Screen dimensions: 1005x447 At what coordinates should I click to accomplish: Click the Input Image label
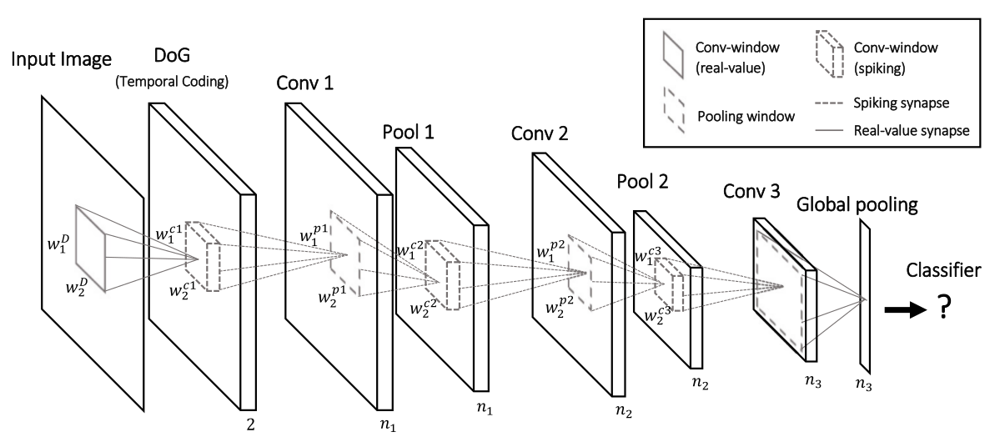coord(61,60)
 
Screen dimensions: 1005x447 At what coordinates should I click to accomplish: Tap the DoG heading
coord(172,55)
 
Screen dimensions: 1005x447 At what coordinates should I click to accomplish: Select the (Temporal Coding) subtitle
coord(172,82)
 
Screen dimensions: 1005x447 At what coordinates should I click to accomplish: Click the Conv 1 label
coord(304,83)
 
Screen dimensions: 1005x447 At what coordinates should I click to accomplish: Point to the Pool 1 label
coord(409,132)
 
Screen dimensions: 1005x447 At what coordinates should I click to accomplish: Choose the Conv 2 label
coord(540,133)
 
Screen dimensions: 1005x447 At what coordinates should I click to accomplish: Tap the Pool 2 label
coord(642,181)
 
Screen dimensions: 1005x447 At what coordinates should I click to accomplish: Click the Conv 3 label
coord(751,191)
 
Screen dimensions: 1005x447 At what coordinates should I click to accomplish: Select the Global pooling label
coord(857,205)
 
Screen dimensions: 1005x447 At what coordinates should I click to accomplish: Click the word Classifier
coord(943,270)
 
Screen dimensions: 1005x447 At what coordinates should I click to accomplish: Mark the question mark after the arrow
coord(944,307)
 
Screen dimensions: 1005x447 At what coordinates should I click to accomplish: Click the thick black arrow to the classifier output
coord(906,309)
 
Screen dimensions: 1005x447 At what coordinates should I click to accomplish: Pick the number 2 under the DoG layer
coord(251,424)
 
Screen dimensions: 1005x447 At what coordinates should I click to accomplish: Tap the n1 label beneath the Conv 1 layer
coord(388,424)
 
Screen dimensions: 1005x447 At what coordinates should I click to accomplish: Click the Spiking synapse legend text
coord(901,103)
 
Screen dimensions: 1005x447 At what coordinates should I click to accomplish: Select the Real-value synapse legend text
coord(912,131)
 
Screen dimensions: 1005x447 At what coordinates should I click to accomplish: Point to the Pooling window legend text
coord(746,117)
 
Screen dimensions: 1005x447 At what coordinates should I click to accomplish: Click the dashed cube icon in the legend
coord(830,54)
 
